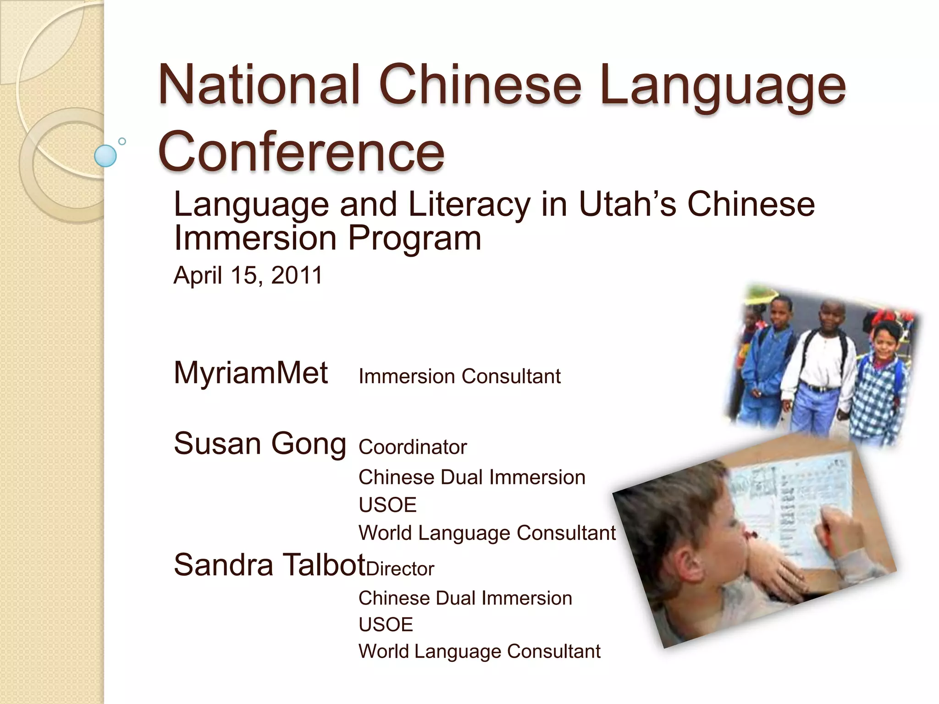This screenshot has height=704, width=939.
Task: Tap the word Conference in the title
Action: (x=301, y=151)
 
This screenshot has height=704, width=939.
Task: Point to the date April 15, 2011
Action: (x=248, y=275)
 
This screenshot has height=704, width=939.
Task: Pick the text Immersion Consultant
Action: (x=459, y=376)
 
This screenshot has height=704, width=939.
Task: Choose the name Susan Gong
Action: (x=260, y=444)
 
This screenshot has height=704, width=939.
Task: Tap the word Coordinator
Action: (x=413, y=447)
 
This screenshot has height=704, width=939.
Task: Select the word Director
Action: (x=400, y=569)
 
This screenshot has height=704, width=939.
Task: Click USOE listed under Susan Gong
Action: (x=387, y=505)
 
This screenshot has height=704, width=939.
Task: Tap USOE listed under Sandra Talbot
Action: (x=386, y=624)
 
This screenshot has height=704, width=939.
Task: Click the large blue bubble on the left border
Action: (x=105, y=156)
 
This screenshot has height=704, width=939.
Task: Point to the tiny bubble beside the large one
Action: (x=122, y=141)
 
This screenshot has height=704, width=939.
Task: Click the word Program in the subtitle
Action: (x=414, y=238)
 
